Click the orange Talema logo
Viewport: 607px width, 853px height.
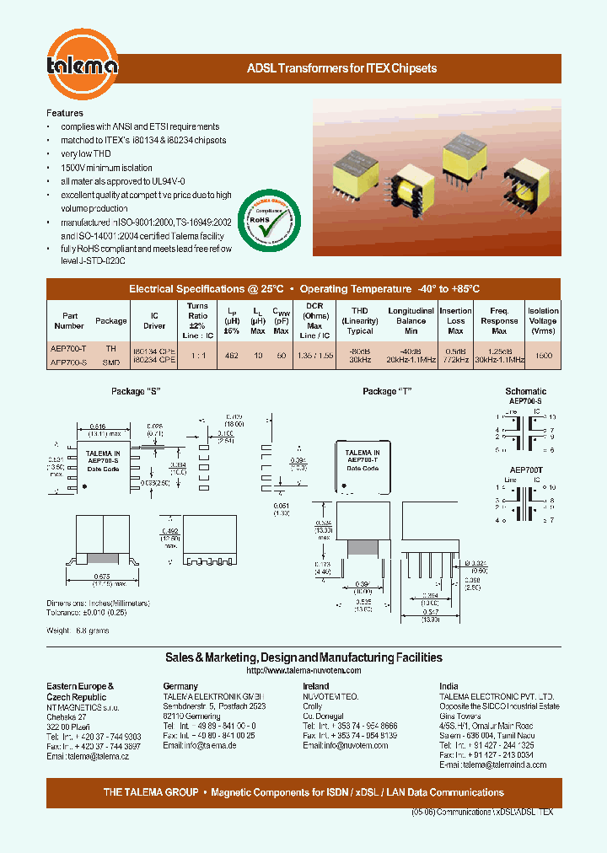pyautogui.click(x=82, y=62)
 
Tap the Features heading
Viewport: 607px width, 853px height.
pyautogui.click(x=65, y=113)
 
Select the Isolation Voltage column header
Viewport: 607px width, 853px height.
pyautogui.click(x=543, y=321)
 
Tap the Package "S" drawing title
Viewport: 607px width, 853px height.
pyautogui.click(x=136, y=392)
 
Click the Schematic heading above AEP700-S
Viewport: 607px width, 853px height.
pyautogui.click(x=525, y=391)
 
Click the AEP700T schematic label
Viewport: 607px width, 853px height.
pyautogui.click(x=525, y=469)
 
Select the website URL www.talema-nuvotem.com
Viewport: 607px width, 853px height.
pyautogui.click(x=303, y=670)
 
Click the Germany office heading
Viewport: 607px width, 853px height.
pyautogui.click(x=180, y=686)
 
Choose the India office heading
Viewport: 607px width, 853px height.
pyautogui.click(x=449, y=686)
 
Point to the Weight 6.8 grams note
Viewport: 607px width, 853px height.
pyautogui.click(x=78, y=630)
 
